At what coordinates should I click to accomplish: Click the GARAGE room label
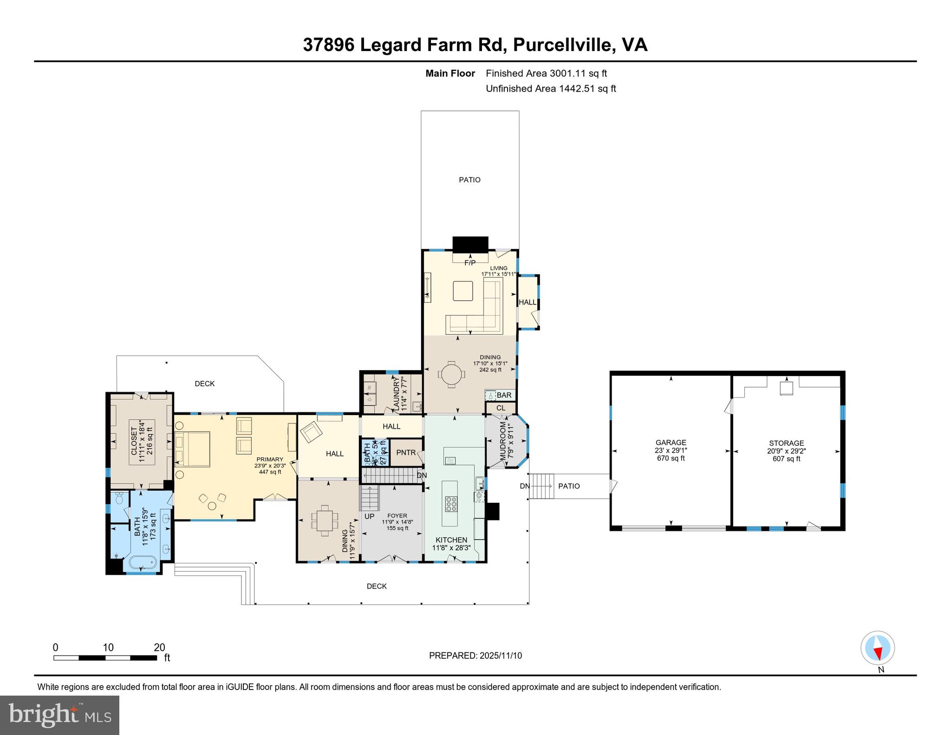[x=671, y=442]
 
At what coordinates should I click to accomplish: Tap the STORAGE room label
[x=786, y=443]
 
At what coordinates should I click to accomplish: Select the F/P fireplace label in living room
[x=470, y=263]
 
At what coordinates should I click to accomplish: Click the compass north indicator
[x=877, y=648]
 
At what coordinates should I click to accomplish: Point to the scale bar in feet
[x=105, y=657]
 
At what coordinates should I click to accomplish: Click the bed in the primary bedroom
[x=192, y=449]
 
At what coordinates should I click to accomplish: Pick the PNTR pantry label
[x=406, y=452]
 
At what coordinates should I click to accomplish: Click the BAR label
[x=504, y=395]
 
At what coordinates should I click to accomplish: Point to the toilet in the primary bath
[x=119, y=499]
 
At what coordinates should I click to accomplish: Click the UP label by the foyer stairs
[x=369, y=516]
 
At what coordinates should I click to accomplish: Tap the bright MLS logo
[x=59, y=715]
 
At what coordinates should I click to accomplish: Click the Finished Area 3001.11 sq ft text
[x=546, y=73]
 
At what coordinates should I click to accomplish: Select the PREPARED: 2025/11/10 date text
[x=475, y=656]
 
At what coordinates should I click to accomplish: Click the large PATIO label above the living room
[x=469, y=180]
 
